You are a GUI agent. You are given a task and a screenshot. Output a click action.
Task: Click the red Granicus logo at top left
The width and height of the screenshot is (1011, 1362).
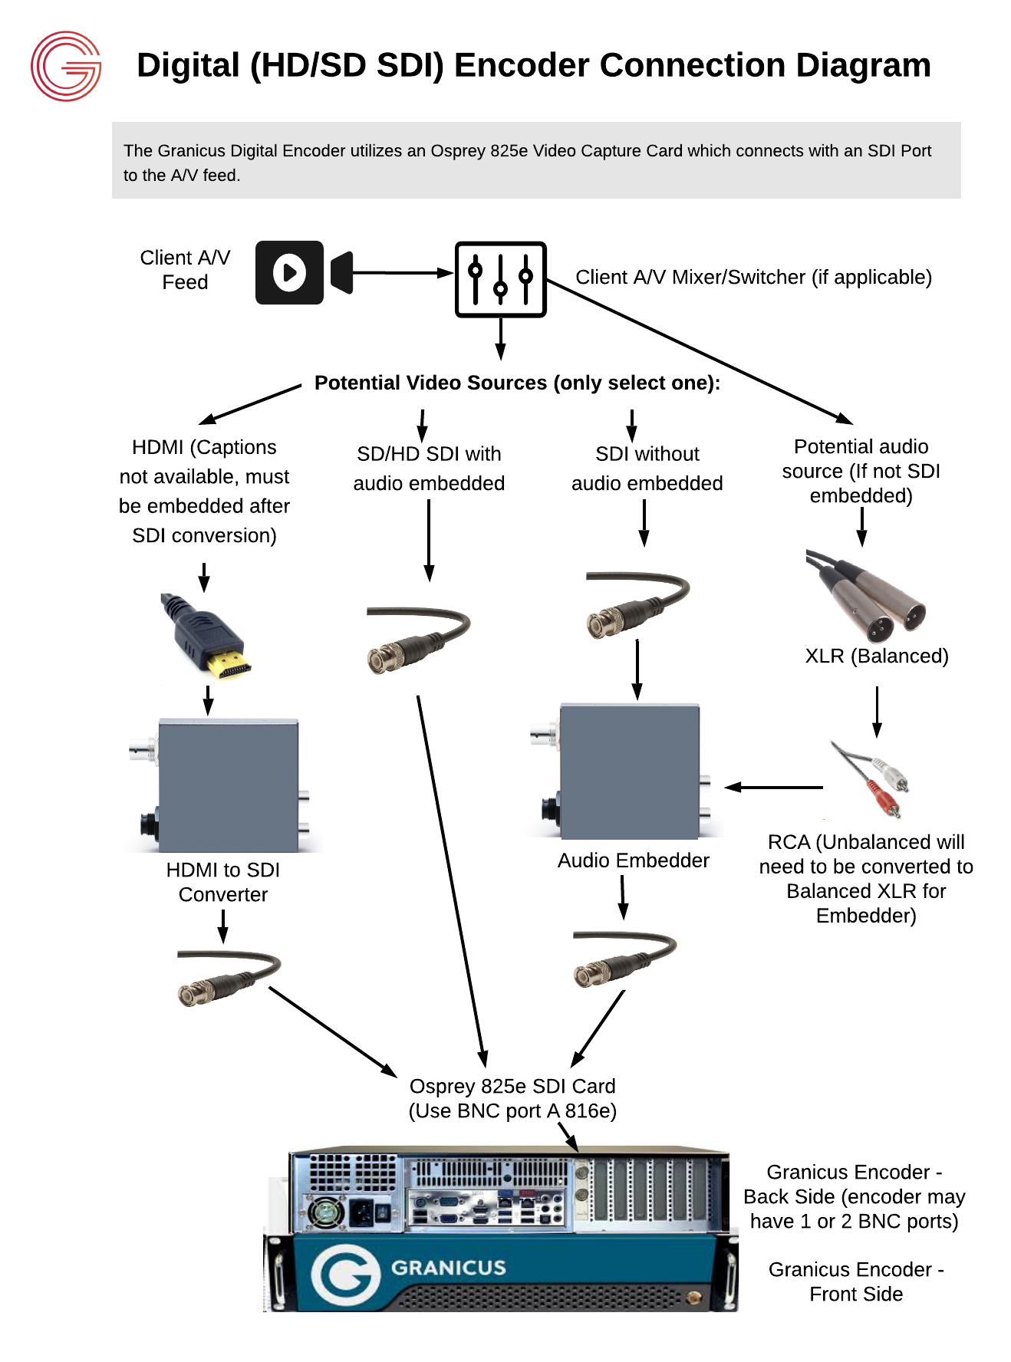(x=66, y=66)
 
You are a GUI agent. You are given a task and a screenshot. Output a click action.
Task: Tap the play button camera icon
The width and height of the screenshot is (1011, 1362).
(x=290, y=272)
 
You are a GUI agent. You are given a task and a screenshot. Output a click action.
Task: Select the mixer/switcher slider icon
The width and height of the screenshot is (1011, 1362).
(x=500, y=279)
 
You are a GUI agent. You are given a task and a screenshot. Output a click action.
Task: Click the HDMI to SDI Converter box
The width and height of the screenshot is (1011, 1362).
(x=227, y=785)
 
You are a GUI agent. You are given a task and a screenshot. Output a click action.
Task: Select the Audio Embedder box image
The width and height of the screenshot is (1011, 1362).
(x=629, y=771)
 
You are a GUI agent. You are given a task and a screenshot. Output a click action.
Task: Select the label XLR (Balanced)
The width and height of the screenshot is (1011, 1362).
(x=876, y=656)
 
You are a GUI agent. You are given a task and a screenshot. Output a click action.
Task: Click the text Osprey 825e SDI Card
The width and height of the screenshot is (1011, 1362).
(x=512, y=1086)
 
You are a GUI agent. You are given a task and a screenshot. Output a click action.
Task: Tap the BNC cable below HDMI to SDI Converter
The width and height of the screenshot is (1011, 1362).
(x=226, y=978)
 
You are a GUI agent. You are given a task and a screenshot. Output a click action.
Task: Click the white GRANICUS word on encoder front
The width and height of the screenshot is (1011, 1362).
(x=448, y=1268)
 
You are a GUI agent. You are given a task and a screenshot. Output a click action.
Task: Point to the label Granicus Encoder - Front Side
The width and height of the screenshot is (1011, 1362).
(x=855, y=1281)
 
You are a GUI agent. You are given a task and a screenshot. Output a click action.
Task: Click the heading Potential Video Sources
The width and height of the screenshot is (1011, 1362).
(x=517, y=383)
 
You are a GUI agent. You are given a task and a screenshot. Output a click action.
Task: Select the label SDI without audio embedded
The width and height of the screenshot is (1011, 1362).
(x=647, y=469)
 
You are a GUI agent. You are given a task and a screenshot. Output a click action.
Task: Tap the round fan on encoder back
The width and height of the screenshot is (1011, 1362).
(x=326, y=1212)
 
